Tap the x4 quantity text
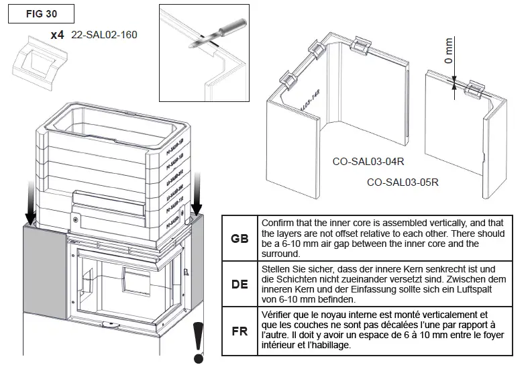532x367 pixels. click(x=58, y=35)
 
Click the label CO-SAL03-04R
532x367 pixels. click(x=362, y=162)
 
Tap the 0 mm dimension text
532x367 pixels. click(x=449, y=52)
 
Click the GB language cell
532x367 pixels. click(x=239, y=238)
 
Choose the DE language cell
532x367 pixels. click(x=239, y=284)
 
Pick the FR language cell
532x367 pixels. click(x=239, y=331)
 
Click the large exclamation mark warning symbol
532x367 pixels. click(x=198, y=339)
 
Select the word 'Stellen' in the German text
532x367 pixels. click(x=276, y=268)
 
